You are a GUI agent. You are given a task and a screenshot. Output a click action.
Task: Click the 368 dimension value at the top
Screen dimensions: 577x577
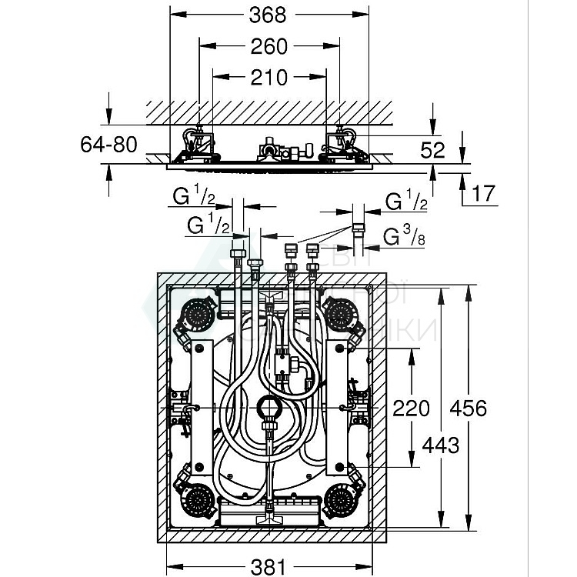(x=269, y=15)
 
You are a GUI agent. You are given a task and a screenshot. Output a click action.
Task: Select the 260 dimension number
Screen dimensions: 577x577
(x=269, y=47)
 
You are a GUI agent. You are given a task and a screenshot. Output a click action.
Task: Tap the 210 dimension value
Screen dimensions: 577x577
(x=269, y=77)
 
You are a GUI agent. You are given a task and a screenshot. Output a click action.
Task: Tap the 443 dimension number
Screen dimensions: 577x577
(x=441, y=445)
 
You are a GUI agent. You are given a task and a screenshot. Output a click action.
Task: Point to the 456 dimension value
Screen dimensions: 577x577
(x=469, y=408)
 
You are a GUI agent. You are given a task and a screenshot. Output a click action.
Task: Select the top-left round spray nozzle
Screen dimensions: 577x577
(x=199, y=312)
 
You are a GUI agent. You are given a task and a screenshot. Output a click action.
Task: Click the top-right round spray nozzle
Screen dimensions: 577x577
(x=339, y=312)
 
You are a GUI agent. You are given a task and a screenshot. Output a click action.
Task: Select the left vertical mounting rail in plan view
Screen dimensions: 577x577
(x=202, y=408)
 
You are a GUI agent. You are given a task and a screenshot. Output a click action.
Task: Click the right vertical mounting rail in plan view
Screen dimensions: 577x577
(x=337, y=408)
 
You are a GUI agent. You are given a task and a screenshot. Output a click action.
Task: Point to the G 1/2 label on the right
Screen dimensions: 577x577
(x=406, y=203)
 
